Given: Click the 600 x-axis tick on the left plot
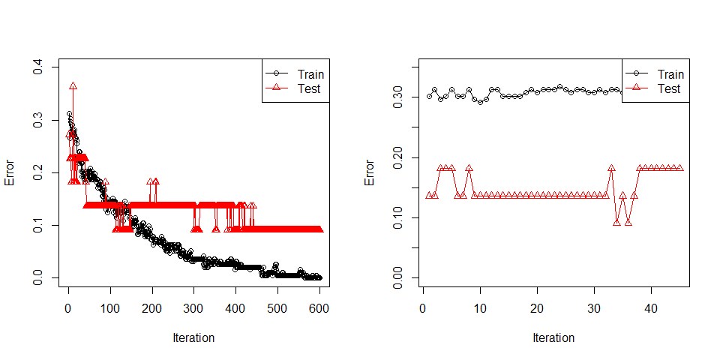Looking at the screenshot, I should click(x=319, y=307).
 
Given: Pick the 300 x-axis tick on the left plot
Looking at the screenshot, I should click(x=194, y=307).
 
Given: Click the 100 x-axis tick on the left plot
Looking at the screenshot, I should click(x=110, y=307).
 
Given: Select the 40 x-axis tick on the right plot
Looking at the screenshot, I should click(x=651, y=307).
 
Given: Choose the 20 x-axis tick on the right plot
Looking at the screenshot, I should click(x=537, y=307).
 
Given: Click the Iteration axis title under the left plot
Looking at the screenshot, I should click(x=193, y=337).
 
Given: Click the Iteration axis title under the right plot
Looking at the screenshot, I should click(x=553, y=337).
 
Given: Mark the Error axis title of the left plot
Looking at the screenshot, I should click(x=10, y=173).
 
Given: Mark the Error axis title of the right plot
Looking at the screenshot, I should click(x=370, y=173).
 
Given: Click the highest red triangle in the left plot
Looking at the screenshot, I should click(x=73, y=87).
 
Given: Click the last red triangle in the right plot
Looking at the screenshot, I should click(x=679, y=168).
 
